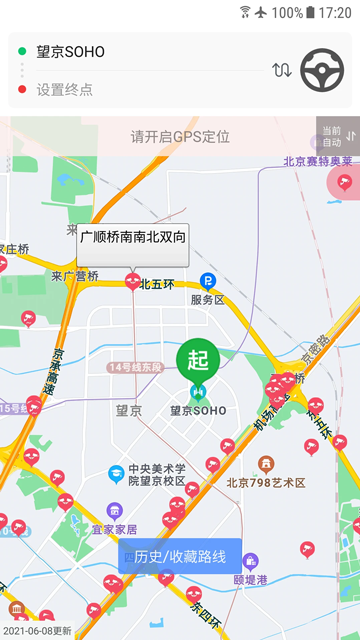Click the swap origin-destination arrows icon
[x=282, y=70]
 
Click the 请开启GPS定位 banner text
[x=180, y=136]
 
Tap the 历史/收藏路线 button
[x=180, y=556]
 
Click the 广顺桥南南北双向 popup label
[x=133, y=238]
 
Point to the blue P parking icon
[x=208, y=281]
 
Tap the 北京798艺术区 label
[x=265, y=482]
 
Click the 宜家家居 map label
[x=114, y=529]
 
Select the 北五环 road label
[x=157, y=283]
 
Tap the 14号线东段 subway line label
[x=135, y=368]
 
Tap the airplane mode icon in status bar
[x=261, y=12]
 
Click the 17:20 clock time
[x=334, y=13]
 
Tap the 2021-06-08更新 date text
[x=37, y=631]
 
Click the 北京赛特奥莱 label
[x=317, y=161]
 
